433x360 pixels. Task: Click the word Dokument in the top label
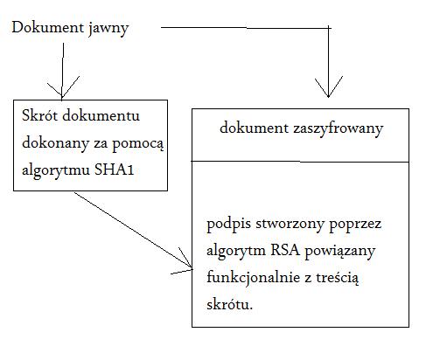[x=48, y=27]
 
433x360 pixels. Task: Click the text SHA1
[x=114, y=170]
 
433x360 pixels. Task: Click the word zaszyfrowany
[x=338, y=129]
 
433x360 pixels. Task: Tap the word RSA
[x=285, y=250]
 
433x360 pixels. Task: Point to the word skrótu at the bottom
[x=229, y=304]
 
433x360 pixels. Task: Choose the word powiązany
[x=339, y=252]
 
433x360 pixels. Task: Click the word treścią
[x=337, y=278]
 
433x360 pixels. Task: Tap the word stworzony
[x=290, y=225]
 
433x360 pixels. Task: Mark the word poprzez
[x=355, y=225]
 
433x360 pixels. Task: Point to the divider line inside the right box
[x=300, y=161]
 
